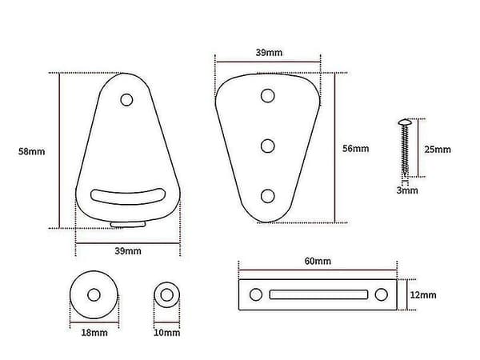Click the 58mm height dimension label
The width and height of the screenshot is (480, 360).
(31, 151)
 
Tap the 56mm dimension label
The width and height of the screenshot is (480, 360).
(355, 149)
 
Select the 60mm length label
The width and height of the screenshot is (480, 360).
(318, 261)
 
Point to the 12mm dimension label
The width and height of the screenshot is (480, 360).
(423, 295)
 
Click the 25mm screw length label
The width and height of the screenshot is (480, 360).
(438, 150)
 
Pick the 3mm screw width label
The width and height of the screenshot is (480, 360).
(407, 190)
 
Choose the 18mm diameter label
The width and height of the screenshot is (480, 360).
(94, 333)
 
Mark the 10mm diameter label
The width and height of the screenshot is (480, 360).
(167, 333)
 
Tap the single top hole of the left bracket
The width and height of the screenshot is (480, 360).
(126, 100)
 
